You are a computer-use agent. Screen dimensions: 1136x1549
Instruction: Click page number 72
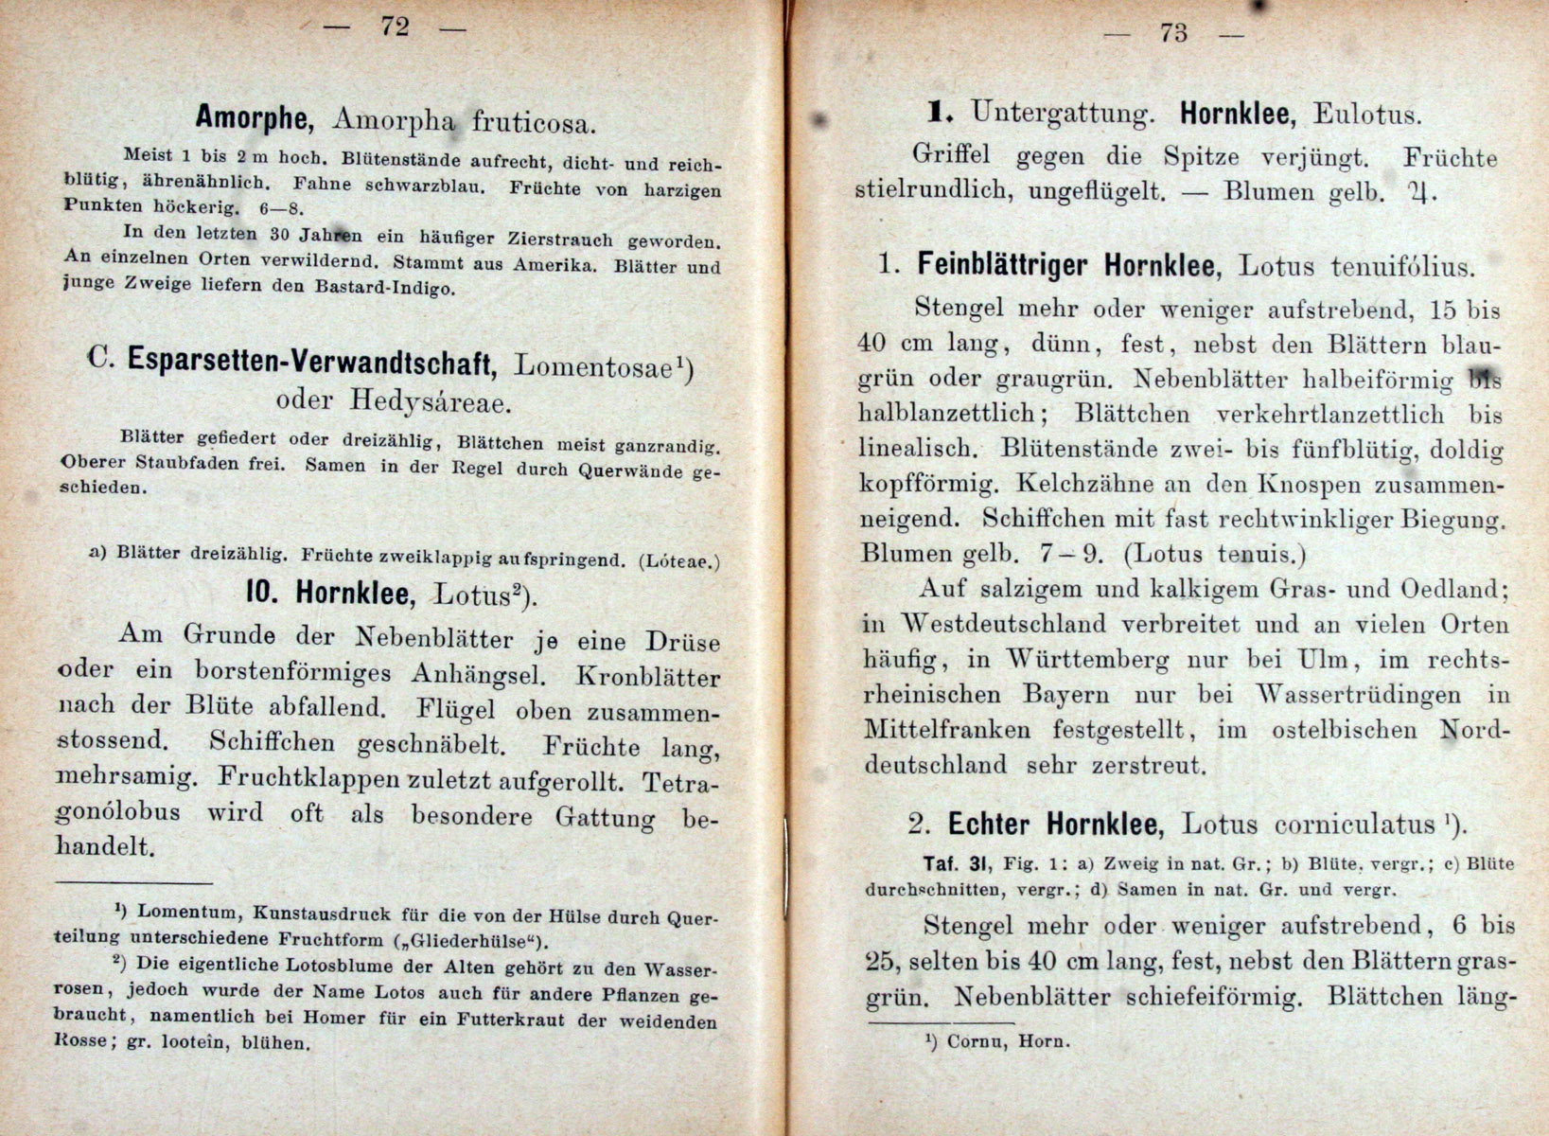click(395, 27)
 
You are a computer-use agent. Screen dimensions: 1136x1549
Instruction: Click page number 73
click(1172, 32)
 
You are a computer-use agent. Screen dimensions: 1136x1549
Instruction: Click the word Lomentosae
click(596, 365)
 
